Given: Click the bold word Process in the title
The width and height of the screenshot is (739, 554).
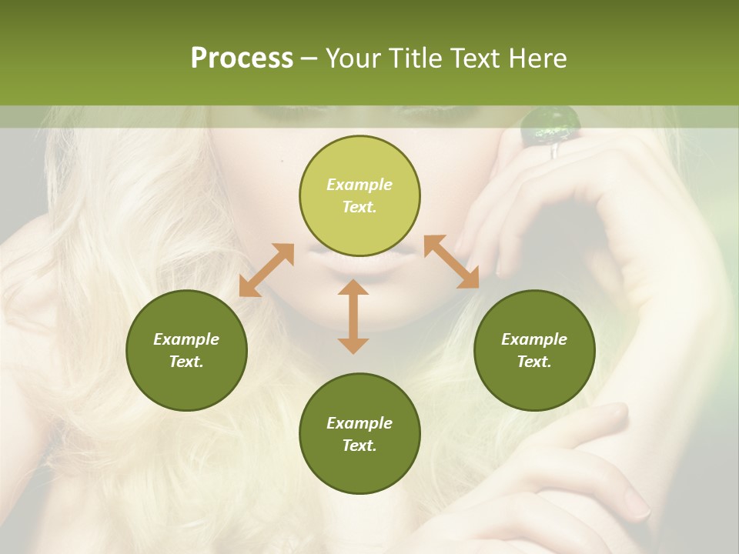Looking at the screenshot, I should [242, 58].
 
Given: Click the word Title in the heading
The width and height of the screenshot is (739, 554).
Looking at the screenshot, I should [414, 58].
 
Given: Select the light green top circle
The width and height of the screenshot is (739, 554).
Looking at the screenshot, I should [359, 196].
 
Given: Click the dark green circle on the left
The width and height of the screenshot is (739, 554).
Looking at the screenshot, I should [186, 350].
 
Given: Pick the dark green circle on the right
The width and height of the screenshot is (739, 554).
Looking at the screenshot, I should [534, 350].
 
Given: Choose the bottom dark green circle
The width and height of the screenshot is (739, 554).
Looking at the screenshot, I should [359, 434].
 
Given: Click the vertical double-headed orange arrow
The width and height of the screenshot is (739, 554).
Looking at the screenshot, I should [353, 316].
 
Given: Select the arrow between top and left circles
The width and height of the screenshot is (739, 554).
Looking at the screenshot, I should [266, 270].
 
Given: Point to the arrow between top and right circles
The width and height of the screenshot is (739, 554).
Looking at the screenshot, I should [452, 262].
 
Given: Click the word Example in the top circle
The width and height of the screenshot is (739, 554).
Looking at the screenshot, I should [359, 185].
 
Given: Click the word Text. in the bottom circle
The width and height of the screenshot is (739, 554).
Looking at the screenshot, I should [359, 446].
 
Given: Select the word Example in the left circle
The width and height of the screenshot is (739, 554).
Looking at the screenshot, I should [186, 339].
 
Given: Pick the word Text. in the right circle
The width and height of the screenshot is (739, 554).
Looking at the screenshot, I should [534, 362].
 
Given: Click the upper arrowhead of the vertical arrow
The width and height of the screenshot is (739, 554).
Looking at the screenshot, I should [353, 288].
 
